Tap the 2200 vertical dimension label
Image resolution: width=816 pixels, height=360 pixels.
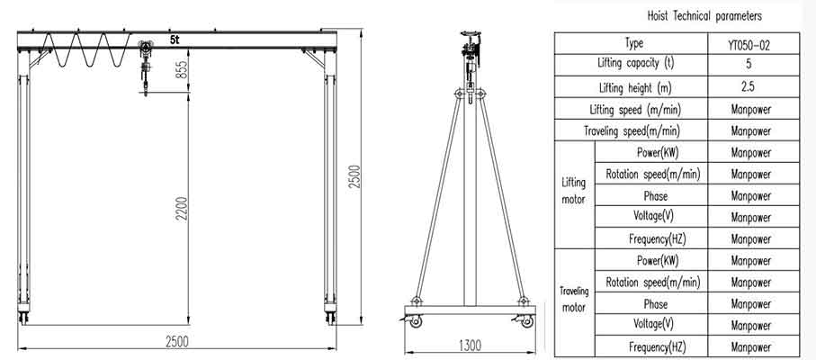pyautogui.click(x=181, y=208)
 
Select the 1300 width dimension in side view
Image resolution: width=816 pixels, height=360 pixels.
pyautogui.click(x=470, y=345)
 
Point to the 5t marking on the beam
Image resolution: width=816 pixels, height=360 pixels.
pyautogui.click(x=175, y=39)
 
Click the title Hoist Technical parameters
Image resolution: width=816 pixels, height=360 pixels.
pyautogui.click(x=704, y=16)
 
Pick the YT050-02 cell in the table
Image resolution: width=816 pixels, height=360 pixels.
pyautogui.click(x=753, y=44)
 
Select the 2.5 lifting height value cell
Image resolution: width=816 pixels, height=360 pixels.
pyautogui.click(x=753, y=87)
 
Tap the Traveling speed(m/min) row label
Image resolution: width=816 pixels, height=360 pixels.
pyautogui.click(x=632, y=131)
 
